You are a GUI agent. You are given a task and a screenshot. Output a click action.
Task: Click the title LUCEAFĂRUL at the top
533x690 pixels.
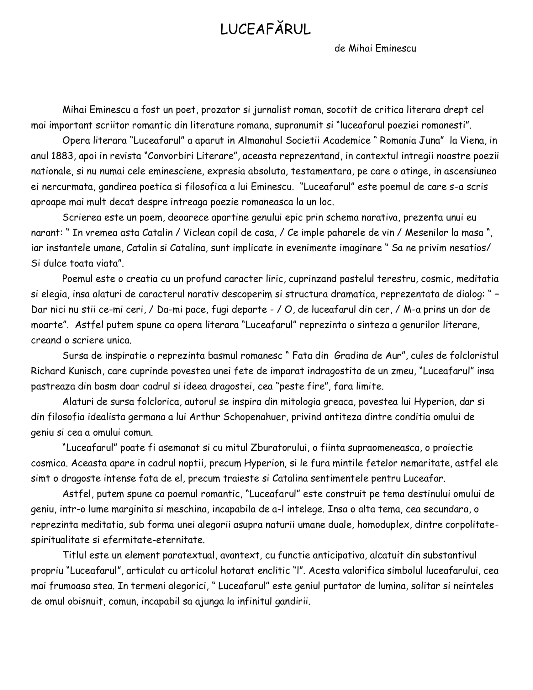tap(266, 29)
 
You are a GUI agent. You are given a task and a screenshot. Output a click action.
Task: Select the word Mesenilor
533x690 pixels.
tap(427, 232)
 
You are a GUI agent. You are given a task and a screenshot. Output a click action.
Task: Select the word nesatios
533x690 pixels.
tap(466, 248)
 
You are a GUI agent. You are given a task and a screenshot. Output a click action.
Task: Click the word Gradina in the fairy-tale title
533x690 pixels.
tap(356, 355)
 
